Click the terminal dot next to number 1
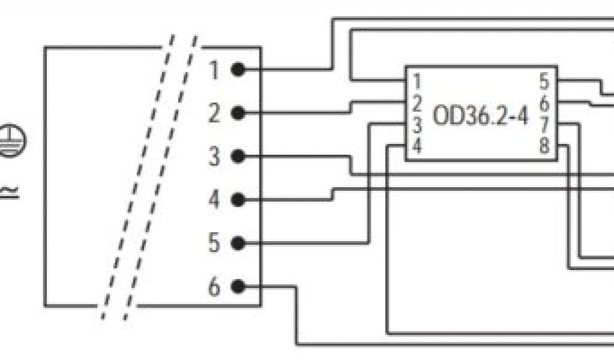point(238,70)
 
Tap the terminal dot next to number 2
point(238,113)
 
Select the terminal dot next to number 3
point(238,157)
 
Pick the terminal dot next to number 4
point(238,200)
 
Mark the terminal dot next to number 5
point(238,244)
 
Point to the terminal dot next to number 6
point(238,287)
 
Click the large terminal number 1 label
point(215,70)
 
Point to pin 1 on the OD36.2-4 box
point(417,80)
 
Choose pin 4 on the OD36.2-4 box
point(417,146)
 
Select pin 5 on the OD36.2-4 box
point(544,80)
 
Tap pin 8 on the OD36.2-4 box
point(544,146)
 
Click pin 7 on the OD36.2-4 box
point(544,125)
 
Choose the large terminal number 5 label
point(215,244)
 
